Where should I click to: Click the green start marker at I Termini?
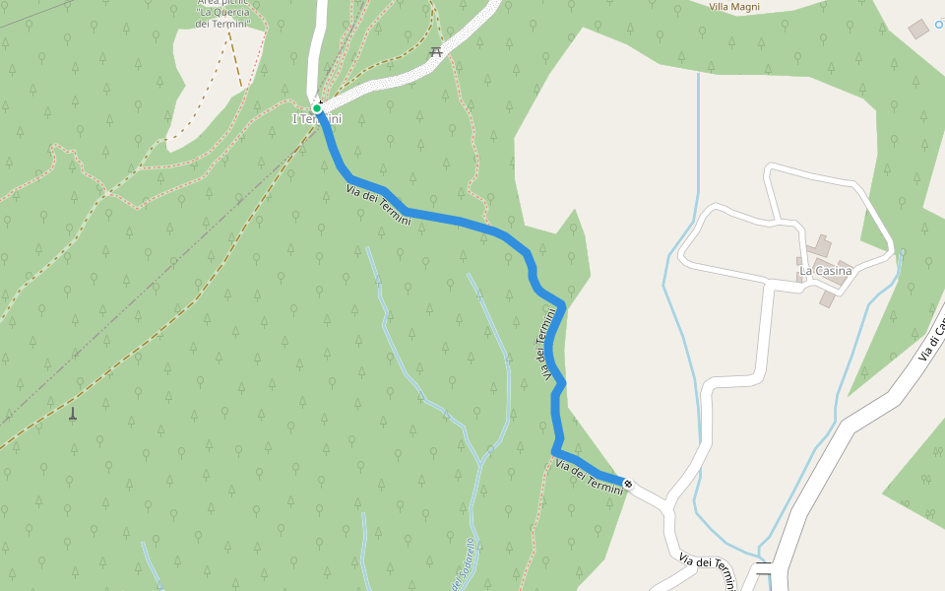click(317, 108)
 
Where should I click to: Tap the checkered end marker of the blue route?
click(628, 484)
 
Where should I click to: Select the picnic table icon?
click(436, 51)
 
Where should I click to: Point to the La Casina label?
click(825, 271)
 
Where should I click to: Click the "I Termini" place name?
click(317, 119)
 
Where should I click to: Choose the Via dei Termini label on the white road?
click(707, 568)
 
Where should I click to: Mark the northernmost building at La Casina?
click(822, 244)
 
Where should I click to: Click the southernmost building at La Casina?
click(827, 297)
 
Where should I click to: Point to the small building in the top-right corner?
click(918, 29)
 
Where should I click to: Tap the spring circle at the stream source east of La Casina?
click(902, 253)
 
